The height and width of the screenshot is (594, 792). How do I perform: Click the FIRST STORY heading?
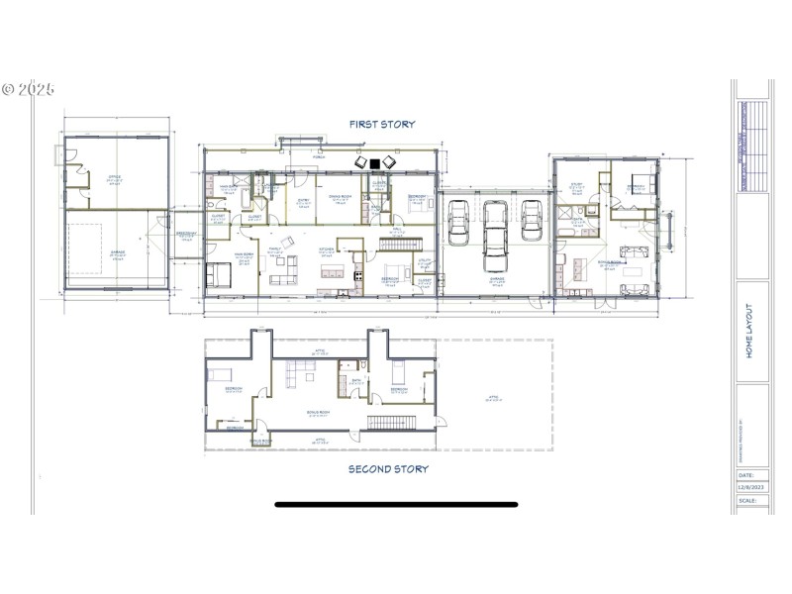click(381, 125)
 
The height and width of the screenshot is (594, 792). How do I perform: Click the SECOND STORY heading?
click(388, 469)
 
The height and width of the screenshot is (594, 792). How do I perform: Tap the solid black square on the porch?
click(374, 163)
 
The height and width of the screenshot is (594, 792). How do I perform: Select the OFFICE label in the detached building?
click(115, 178)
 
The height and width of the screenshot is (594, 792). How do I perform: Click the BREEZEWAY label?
click(186, 236)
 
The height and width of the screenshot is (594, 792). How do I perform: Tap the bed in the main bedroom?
click(219, 274)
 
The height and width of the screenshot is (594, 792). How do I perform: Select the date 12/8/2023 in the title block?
click(751, 486)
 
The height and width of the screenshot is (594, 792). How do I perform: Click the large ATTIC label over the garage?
click(492, 398)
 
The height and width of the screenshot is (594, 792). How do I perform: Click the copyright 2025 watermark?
click(28, 89)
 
